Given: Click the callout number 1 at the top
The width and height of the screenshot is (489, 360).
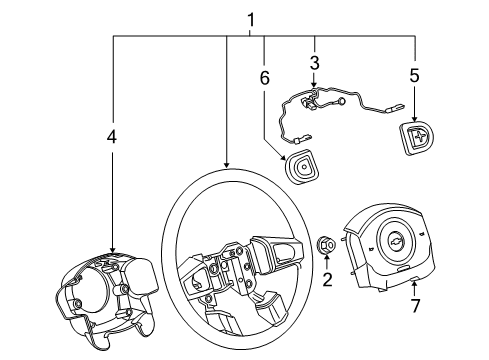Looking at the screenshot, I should (251, 18).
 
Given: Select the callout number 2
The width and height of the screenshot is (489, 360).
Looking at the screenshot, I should (326, 279).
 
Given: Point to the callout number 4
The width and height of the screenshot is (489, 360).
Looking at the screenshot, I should (113, 136).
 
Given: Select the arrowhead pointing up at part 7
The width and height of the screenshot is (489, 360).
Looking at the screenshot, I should (413, 284).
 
